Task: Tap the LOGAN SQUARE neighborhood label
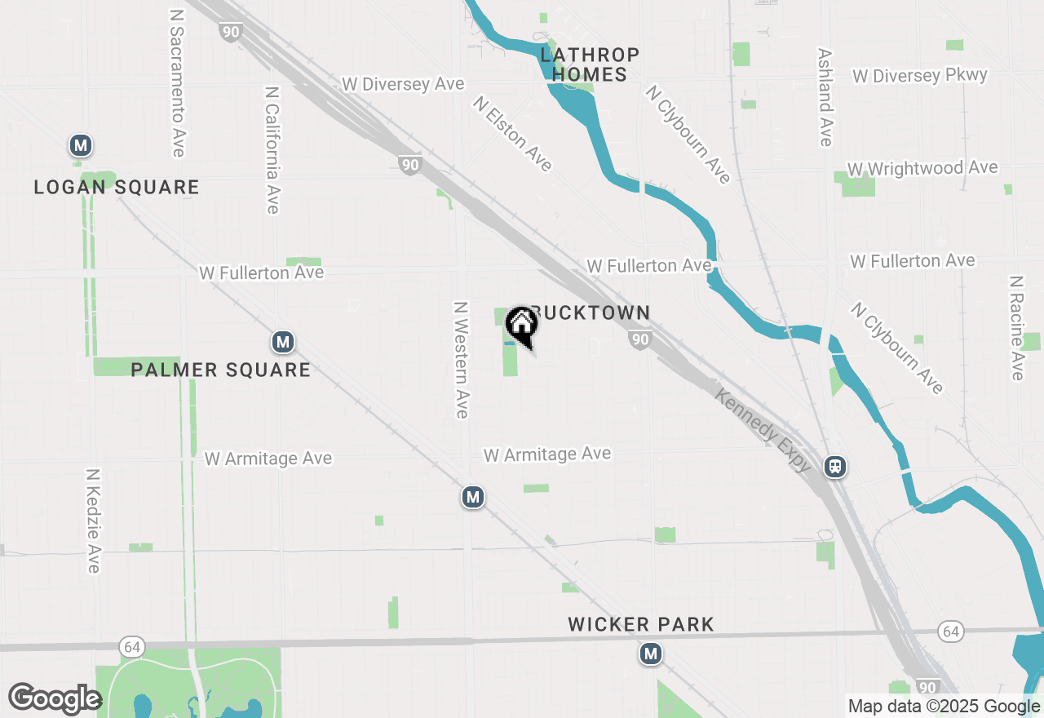point(117,188)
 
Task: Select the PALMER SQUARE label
point(220,370)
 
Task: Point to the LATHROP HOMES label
point(590,64)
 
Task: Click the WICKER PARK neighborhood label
point(641,625)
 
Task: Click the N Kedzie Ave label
point(93,521)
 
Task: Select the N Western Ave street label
point(462,360)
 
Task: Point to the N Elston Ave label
point(512,134)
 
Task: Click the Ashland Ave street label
point(825,97)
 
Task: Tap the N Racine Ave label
point(1016,327)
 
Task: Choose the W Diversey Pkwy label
point(920,76)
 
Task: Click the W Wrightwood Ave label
point(922,168)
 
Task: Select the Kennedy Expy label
point(763,430)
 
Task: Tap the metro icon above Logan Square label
point(80,146)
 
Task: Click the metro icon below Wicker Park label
point(650,654)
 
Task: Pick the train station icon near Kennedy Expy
point(834,467)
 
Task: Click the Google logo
point(55,698)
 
